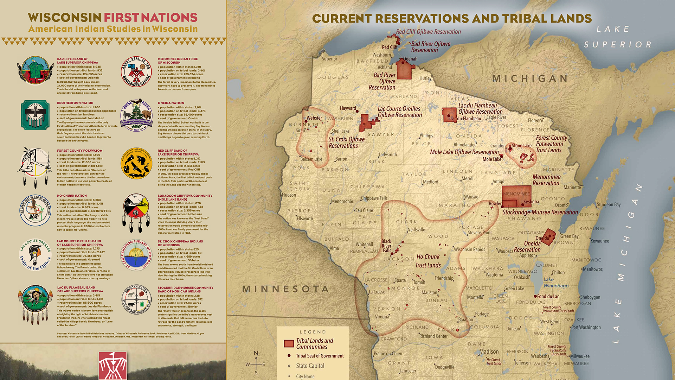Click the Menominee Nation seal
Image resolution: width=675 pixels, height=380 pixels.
pyautogui.click(x=136, y=72)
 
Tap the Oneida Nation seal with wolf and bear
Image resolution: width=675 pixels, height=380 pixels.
pyautogui.click(x=136, y=115)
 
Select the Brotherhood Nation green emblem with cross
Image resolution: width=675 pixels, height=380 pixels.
pyautogui.click(x=35, y=115)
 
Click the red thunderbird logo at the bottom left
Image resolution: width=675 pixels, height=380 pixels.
pyautogui.click(x=112, y=366)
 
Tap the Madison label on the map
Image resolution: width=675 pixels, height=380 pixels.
pyautogui.click(x=489, y=351)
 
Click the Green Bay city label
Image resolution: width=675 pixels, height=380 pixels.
pyautogui.click(x=569, y=236)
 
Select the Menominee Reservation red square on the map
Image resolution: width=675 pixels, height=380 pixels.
pyautogui.click(x=516, y=196)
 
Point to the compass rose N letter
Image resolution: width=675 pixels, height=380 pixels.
pyautogui.click(x=256, y=353)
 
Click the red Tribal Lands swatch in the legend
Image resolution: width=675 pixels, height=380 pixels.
pyautogui.click(x=289, y=344)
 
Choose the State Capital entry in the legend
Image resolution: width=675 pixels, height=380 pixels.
pyautogui.click(x=310, y=366)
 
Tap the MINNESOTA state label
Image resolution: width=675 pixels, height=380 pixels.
pyautogui.click(x=285, y=289)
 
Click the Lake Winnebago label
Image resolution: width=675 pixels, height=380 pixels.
pyautogui.click(x=555, y=283)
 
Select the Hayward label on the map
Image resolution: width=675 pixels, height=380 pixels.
pyautogui.click(x=348, y=108)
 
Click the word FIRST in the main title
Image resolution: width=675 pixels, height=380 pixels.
pyautogui.click(x=121, y=18)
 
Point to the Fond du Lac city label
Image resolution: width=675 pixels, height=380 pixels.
pyautogui.click(x=548, y=296)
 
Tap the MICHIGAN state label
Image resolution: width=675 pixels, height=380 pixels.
pyautogui.click(x=530, y=78)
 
